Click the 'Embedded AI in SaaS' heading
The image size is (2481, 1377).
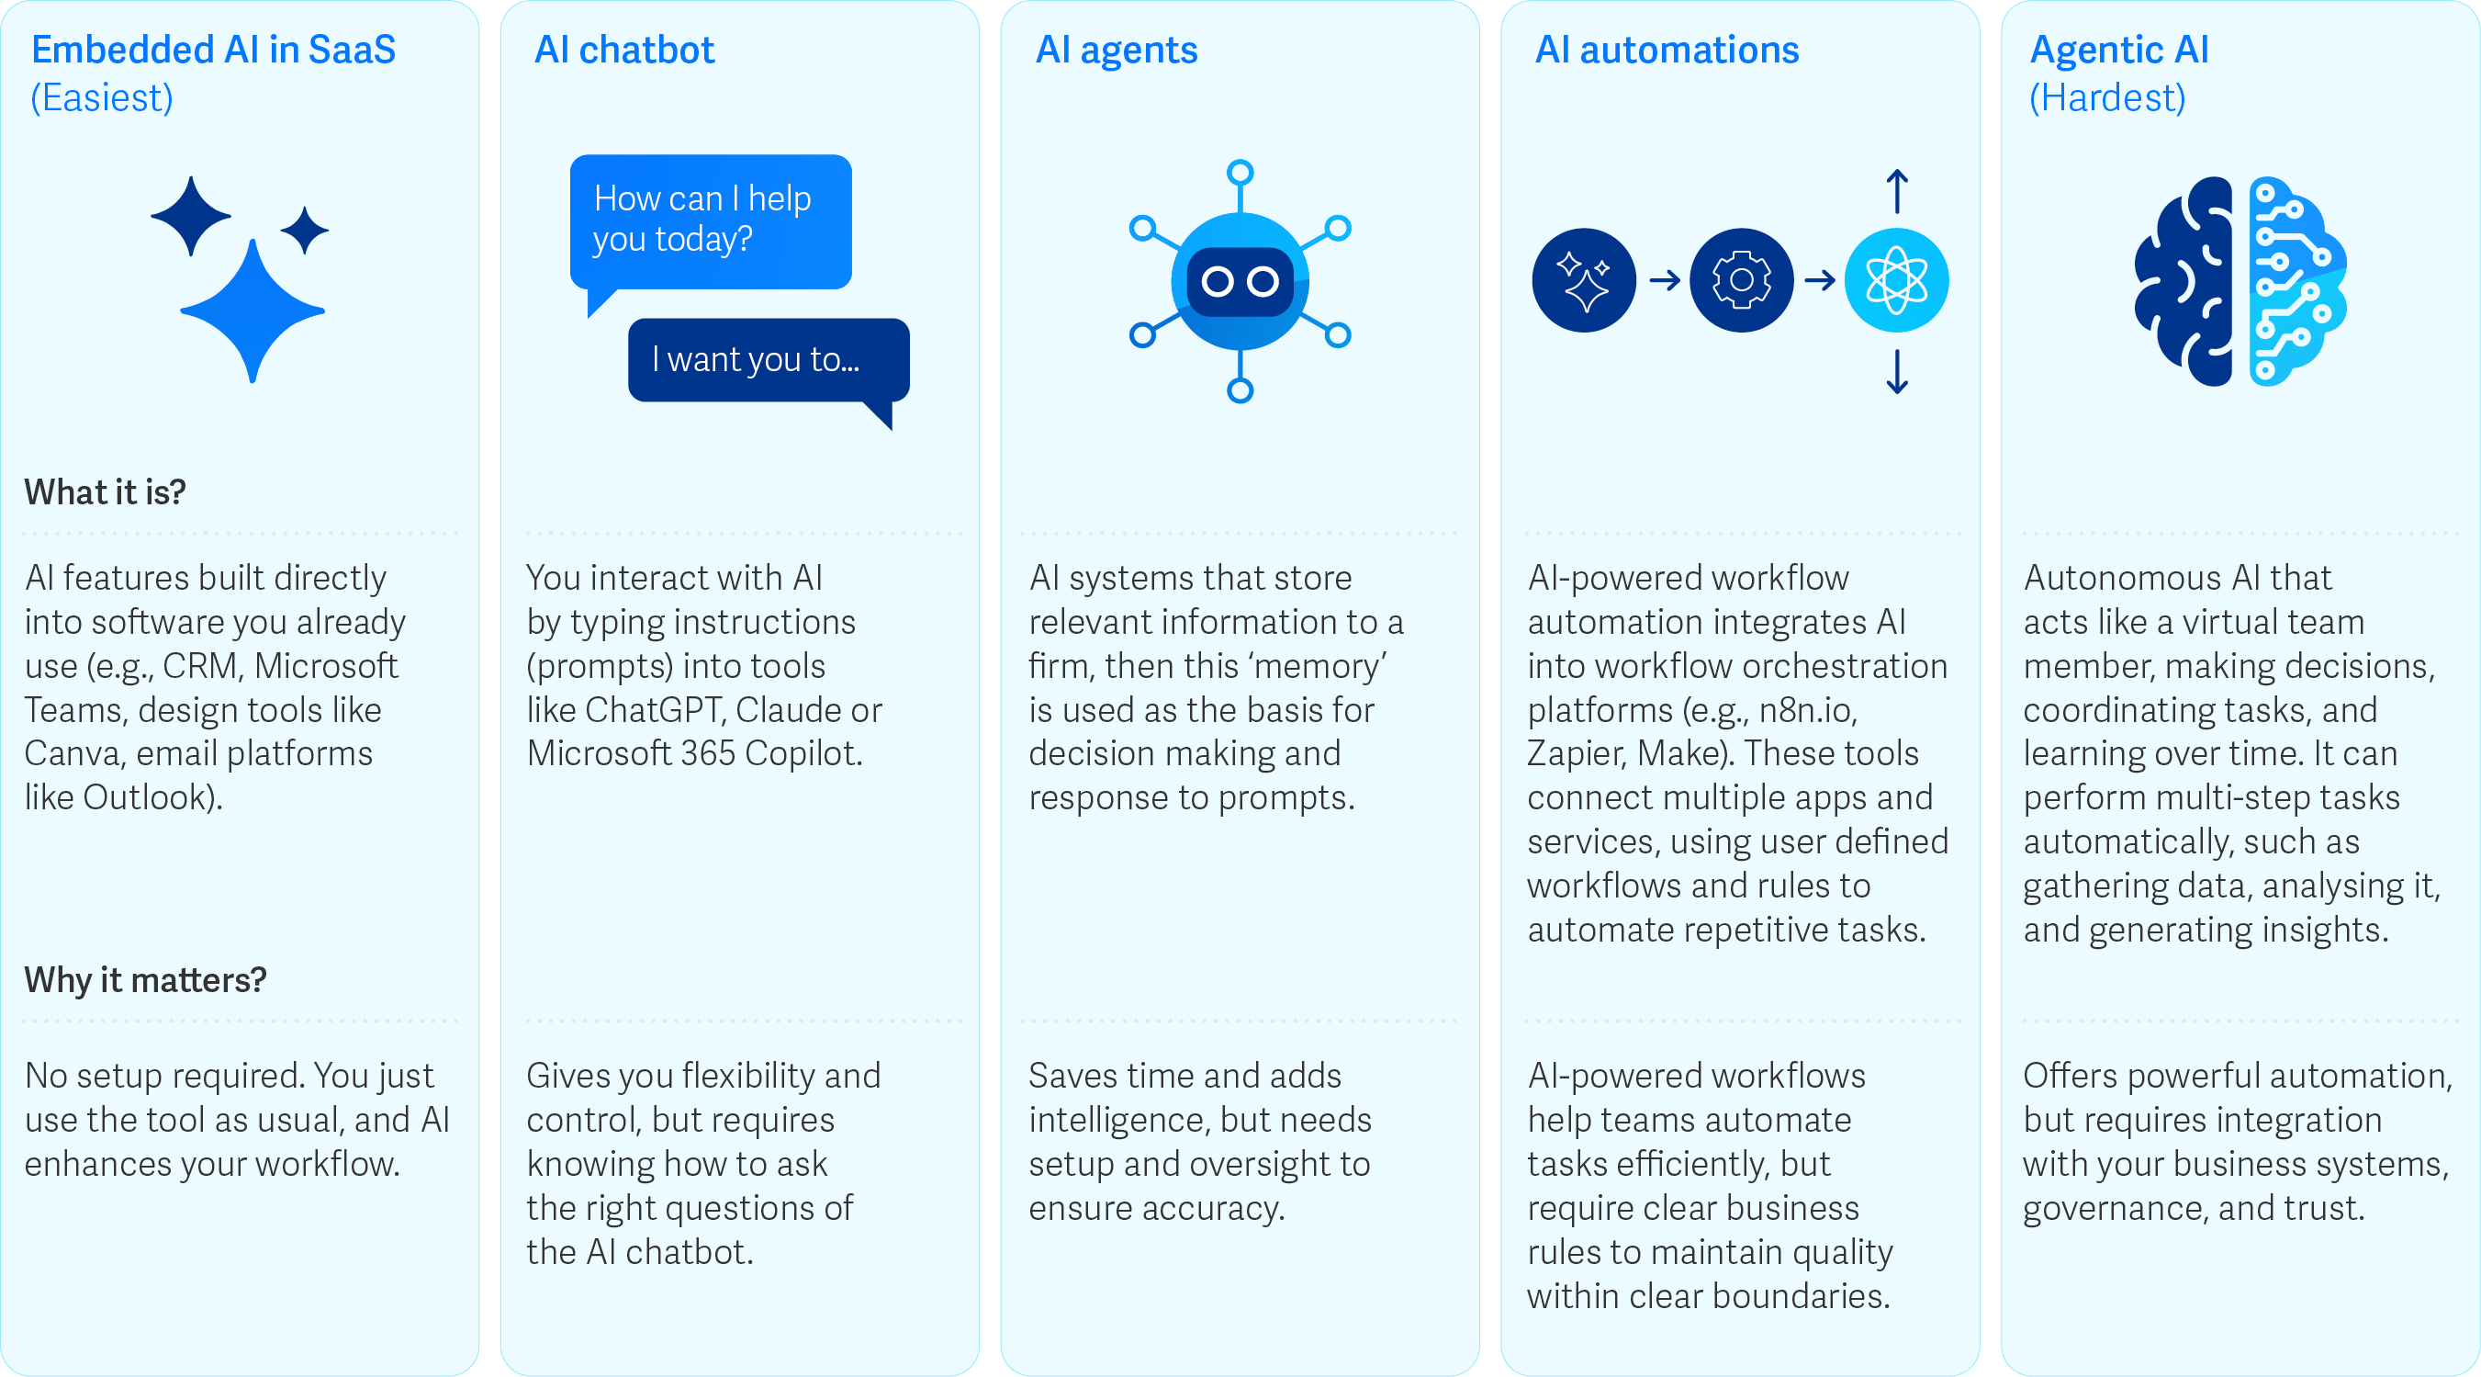point(213,51)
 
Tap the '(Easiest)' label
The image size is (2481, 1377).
point(102,98)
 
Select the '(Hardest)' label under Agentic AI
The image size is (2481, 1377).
point(2107,98)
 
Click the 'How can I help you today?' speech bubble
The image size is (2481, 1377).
point(710,220)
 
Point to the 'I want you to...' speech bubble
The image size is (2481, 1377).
point(767,359)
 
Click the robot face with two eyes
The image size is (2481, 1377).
point(1240,281)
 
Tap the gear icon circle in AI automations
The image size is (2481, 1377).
point(1740,280)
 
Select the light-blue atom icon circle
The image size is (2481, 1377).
point(1896,280)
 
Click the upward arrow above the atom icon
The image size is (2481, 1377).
point(1896,191)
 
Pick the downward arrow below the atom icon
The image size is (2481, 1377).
point(1896,372)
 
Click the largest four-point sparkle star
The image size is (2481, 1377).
point(253,310)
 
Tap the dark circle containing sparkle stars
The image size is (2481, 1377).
point(1583,280)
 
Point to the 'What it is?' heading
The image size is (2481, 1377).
point(105,492)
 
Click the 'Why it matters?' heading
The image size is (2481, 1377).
point(145,980)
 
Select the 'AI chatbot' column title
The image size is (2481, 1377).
point(624,51)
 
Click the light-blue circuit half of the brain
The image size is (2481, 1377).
point(2296,281)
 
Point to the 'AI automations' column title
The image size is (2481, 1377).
point(1667,51)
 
